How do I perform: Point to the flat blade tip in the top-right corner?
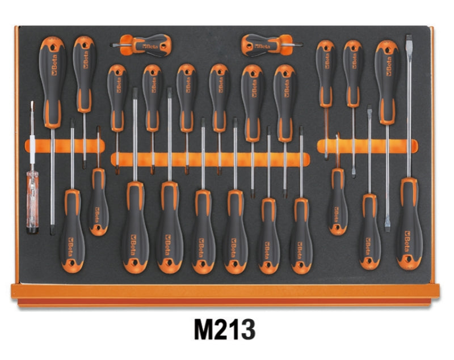[407, 40]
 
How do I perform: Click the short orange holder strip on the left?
[62, 146]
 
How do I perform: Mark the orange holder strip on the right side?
[375, 146]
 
